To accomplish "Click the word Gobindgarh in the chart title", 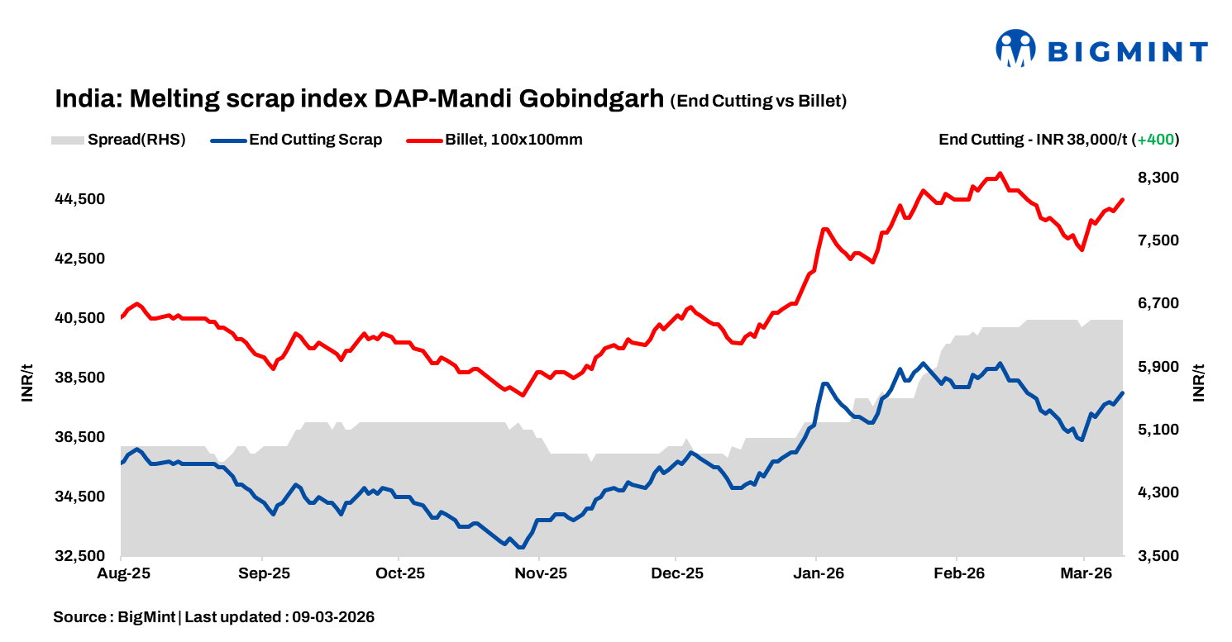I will tap(591, 99).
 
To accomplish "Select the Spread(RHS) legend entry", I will tap(118, 140).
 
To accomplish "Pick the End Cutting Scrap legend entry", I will tap(297, 140).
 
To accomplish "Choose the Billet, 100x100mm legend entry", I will tap(494, 140).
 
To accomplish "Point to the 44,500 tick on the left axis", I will tap(81, 199).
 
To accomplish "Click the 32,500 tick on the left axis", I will tap(81, 556).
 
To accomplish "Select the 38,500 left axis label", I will tap(81, 378).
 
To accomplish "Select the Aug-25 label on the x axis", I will tap(122, 573).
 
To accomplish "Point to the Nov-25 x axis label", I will tap(538, 573).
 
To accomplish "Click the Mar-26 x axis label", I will tap(1085, 573).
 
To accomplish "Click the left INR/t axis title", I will tap(28, 382).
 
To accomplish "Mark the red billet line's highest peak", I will tap(1000, 174).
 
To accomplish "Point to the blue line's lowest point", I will tap(520, 547).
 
